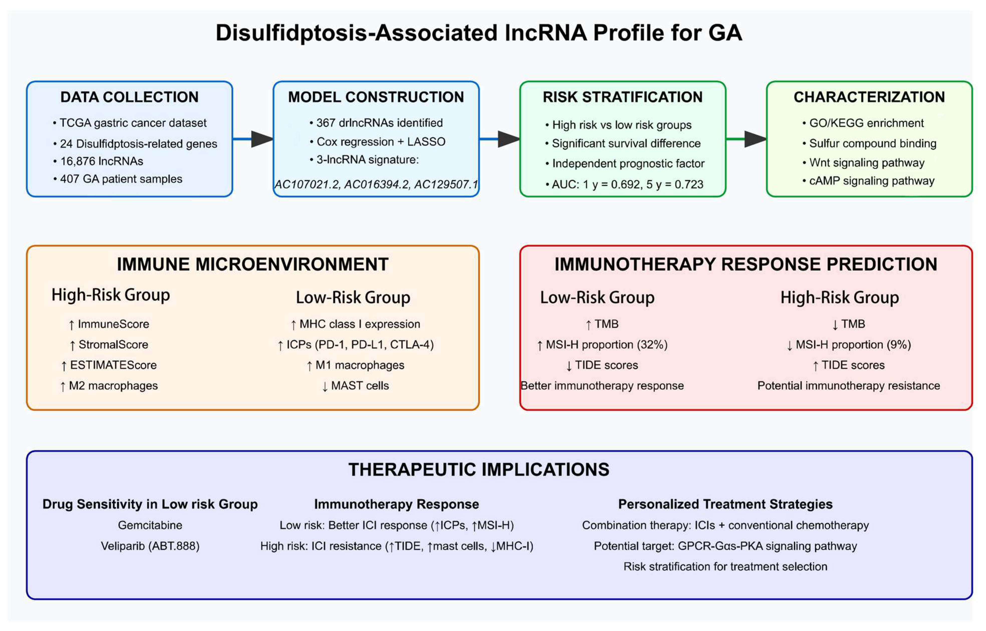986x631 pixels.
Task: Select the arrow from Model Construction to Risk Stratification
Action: pos(499,139)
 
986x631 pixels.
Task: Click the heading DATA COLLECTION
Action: pos(130,97)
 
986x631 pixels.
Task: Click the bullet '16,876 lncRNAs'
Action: pos(102,161)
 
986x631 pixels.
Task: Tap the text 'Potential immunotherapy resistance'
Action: pos(848,386)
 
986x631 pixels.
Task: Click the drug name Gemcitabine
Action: pos(150,525)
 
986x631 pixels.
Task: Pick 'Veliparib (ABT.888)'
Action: pos(150,546)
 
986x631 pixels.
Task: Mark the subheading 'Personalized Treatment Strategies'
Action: pos(725,504)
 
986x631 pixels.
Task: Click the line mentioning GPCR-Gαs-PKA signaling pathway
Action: pos(725,546)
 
